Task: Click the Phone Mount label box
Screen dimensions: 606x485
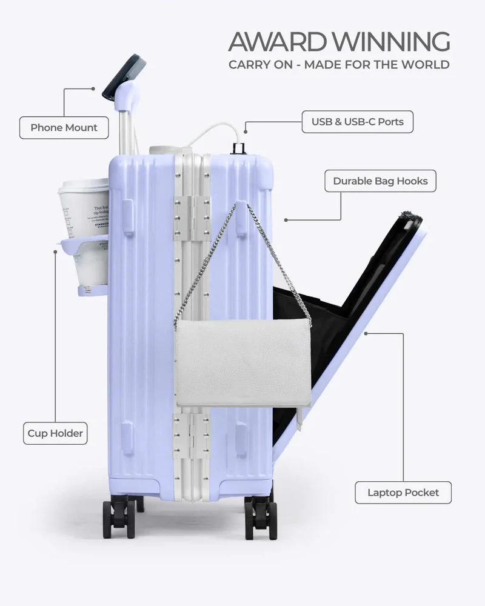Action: pos(64,128)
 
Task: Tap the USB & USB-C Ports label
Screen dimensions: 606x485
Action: pos(357,122)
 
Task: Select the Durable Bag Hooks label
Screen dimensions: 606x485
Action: pos(380,181)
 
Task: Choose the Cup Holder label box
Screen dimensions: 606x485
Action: pos(55,433)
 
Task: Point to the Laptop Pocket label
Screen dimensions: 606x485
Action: pos(403,492)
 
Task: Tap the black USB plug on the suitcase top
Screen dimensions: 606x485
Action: pos(237,148)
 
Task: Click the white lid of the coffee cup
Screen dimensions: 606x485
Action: pos(83,185)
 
